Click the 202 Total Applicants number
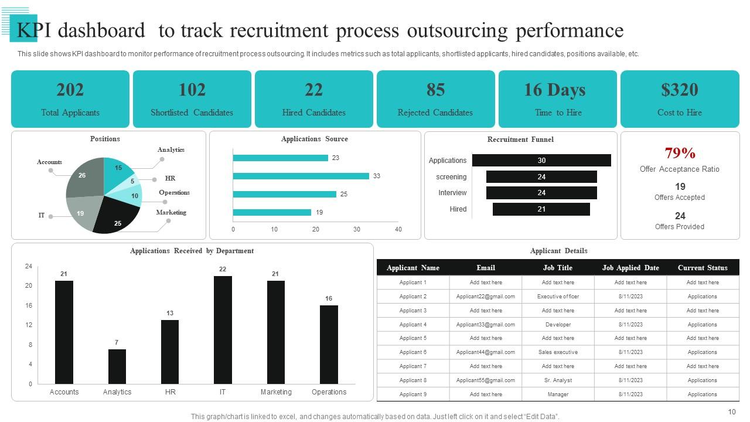[70, 90]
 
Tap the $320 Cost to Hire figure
[679, 90]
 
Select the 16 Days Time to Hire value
[554, 90]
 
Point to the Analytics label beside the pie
[171, 150]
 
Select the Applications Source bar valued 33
[301, 176]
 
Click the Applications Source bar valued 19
[272, 212]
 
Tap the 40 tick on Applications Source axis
[398, 229]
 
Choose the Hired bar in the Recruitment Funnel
[541, 209]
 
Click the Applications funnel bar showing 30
[541, 161]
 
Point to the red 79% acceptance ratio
[680, 154]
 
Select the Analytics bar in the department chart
[117, 366]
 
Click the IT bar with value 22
[223, 330]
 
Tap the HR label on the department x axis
[170, 392]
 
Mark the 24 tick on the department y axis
[28, 266]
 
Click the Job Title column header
[558, 268]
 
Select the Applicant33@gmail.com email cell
[485, 324]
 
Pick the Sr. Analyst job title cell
[558, 380]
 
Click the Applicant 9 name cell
[412, 394]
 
